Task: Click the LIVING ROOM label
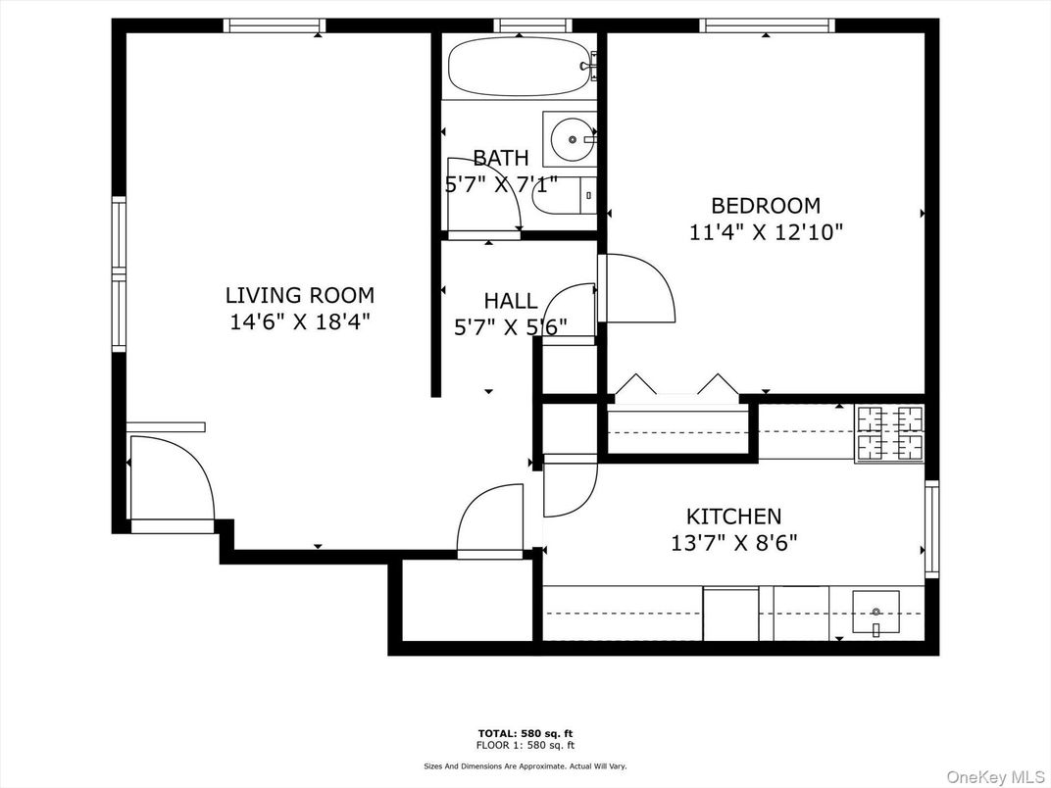(299, 295)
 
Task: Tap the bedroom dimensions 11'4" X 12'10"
(766, 232)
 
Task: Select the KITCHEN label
(733, 517)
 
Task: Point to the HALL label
(510, 301)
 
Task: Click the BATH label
(501, 158)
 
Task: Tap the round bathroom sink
(571, 139)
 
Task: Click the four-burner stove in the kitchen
(890, 433)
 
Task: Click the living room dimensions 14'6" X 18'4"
(299, 320)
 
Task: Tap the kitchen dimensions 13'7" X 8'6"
(733, 542)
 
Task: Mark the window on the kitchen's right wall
(931, 529)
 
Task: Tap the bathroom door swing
(482, 196)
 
